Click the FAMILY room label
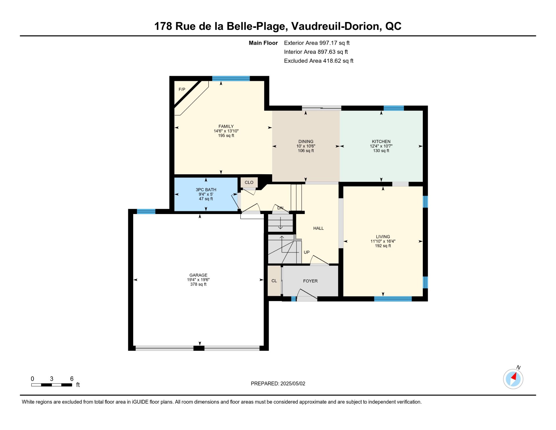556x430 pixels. click(x=226, y=126)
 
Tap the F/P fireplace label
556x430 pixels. click(x=182, y=89)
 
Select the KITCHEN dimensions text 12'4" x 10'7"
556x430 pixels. click(x=381, y=146)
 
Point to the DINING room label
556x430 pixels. click(x=306, y=141)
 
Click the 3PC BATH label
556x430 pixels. click(x=206, y=190)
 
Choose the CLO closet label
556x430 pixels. click(x=249, y=182)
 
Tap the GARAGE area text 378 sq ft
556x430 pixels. click(x=198, y=284)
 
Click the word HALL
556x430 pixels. click(x=319, y=228)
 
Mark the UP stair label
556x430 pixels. click(x=307, y=252)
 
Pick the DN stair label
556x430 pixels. click(x=280, y=208)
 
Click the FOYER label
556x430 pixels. click(x=310, y=281)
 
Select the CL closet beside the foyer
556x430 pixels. click(x=274, y=281)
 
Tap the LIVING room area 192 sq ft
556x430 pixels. click(x=383, y=246)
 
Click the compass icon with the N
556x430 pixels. click(x=513, y=379)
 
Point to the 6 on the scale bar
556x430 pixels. click(x=72, y=379)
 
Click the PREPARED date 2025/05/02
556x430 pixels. click(x=293, y=384)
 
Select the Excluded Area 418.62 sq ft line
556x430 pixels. click(x=319, y=61)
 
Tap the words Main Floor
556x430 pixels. click(x=263, y=43)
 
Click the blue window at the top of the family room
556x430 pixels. click(x=231, y=79)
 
